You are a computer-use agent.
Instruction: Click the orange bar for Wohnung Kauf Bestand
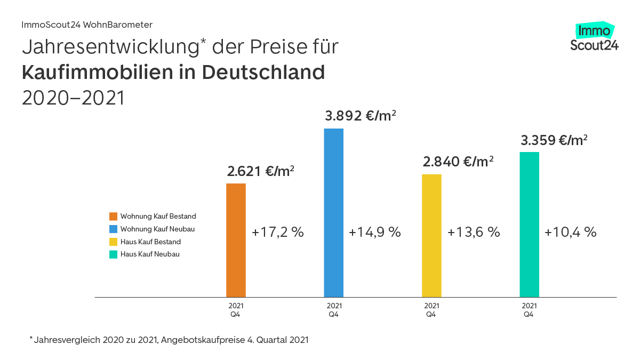236,240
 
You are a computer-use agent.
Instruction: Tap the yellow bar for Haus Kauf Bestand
431,235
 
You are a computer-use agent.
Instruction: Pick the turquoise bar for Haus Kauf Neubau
529,224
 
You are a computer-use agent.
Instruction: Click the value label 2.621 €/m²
261,172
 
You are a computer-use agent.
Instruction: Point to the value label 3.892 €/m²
361,116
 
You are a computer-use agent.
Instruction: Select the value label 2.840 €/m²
458,162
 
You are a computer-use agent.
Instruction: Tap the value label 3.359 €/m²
554,141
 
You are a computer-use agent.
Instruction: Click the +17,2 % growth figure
277,233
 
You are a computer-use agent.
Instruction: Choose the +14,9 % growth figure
374,233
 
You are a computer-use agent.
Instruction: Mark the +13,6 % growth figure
474,233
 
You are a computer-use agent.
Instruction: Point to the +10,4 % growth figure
570,233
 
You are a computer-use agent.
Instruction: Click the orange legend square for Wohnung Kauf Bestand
113,217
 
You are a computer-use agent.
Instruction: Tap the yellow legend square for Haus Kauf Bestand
113,242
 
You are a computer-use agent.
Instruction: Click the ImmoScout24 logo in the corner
594,37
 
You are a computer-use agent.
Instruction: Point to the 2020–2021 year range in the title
73,98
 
